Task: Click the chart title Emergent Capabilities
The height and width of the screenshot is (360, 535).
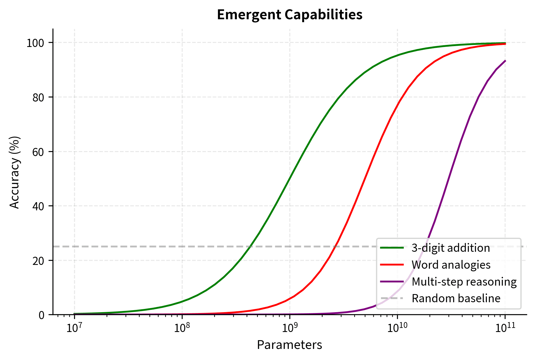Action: [290, 15]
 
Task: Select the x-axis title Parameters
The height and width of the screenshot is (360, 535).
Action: [289, 345]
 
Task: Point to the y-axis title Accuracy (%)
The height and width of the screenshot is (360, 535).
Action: [15, 172]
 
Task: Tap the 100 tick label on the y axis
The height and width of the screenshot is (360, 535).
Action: [35, 43]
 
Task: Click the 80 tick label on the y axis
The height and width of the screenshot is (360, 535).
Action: [39, 97]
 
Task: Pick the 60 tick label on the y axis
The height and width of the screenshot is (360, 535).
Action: [39, 152]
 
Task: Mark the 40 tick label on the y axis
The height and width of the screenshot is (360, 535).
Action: [39, 206]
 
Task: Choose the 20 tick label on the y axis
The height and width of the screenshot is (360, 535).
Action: [39, 261]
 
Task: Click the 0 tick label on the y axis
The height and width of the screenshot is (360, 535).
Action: [42, 315]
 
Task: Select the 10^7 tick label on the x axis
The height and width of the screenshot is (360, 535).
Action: [74, 327]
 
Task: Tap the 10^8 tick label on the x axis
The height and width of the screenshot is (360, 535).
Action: [182, 327]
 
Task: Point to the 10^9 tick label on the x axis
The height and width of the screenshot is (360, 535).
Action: [290, 327]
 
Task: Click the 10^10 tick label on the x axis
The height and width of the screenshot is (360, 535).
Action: [397, 327]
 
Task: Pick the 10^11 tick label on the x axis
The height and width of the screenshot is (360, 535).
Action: [505, 327]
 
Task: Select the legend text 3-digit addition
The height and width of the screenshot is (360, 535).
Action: [451, 248]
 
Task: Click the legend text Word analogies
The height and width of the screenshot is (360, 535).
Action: [451, 265]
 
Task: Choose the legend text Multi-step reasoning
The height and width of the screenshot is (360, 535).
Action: [464, 282]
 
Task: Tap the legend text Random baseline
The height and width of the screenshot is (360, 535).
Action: [456, 298]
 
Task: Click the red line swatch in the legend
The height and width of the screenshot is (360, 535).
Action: [392, 265]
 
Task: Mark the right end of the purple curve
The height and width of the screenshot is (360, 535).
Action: [505, 61]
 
